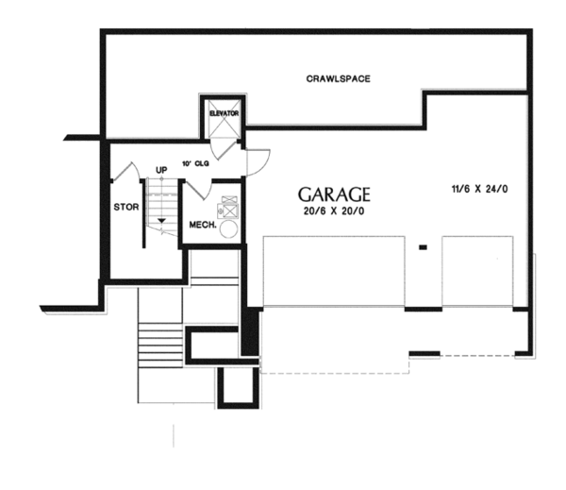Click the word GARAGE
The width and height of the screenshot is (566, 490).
click(334, 194)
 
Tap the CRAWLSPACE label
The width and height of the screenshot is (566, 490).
click(337, 78)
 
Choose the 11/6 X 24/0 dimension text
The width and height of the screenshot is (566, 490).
click(479, 189)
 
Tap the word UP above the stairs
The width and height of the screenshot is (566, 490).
click(161, 170)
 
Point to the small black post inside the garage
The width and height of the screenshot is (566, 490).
click(424, 247)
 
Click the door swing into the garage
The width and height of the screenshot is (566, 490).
click(258, 161)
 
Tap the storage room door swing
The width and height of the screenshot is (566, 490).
click(128, 173)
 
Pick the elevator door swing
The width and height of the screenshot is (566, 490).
click(222, 145)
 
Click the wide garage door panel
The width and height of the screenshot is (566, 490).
click(333, 271)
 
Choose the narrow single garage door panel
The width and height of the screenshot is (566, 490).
click(477, 271)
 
